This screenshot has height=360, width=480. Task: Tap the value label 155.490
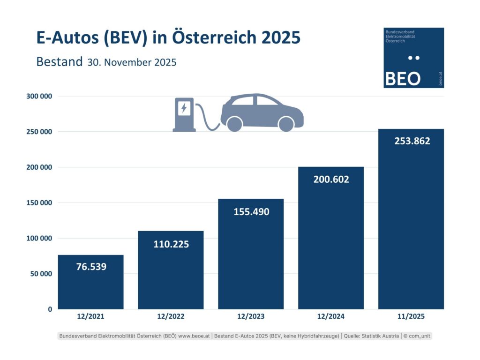click(x=251, y=211)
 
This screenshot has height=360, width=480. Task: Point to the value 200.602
click(x=331, y=179)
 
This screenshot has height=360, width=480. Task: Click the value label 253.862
click(x=411, y=141)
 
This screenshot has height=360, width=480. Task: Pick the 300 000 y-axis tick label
click(x=38, y=96)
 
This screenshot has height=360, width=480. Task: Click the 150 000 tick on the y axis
click(x=38, y=202)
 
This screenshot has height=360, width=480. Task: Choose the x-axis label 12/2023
click(x=251, y=316)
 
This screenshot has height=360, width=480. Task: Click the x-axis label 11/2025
click(x=411, y=316)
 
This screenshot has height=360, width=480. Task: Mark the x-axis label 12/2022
click(x=171, y=316)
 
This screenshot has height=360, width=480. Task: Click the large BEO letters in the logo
click(x=402, y=79)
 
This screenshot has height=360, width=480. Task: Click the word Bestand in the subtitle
click(x=59, y=62)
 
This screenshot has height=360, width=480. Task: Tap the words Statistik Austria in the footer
click(x=382, y=336)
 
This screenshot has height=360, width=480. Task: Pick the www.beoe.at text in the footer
click(x=191, y=336)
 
